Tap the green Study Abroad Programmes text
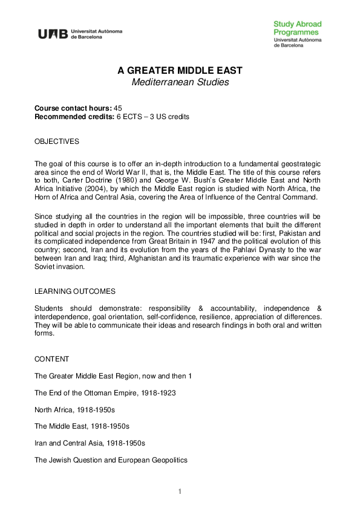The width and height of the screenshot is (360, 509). pos(297,28)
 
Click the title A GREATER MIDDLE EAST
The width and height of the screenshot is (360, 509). pos(180,71)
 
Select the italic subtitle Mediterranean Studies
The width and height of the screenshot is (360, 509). pos(180,82)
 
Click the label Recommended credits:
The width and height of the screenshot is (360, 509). pos(74,116)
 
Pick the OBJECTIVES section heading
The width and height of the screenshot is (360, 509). pos(57,141)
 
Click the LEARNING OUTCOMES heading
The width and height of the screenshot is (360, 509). pos(74,291)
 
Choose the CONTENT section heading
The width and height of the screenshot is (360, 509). pos(51,359)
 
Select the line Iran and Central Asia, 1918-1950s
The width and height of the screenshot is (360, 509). pos(90,443)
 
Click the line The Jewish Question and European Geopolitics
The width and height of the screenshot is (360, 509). pos(111,460)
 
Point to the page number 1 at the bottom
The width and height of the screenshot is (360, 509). pos(180,491)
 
